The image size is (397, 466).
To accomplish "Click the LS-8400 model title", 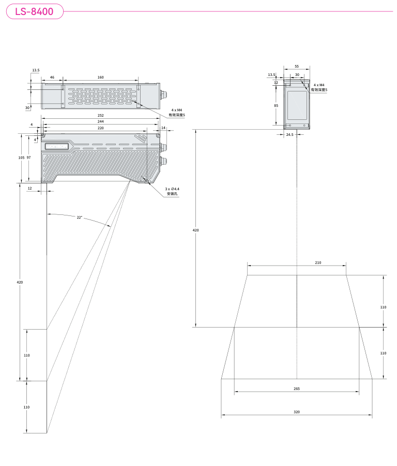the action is click(x=34, y=11).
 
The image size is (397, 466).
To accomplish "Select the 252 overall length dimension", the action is click(x=100, y=115).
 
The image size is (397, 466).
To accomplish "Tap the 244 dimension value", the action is click(x=100, y=121).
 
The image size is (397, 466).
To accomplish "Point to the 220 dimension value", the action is click(x=100, y=128).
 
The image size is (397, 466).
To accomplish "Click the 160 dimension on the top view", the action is click(x=100, y=77).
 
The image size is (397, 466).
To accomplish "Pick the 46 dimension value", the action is click(x=52, y=77).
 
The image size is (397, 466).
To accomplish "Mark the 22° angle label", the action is click(x=80, y=218).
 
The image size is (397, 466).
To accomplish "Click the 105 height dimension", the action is click(x=21, y=158).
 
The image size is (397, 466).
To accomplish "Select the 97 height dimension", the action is click(x=28, y=158).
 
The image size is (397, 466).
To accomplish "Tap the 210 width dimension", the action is click(x=318, y=263).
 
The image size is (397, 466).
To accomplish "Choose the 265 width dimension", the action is click(x=297, y=389).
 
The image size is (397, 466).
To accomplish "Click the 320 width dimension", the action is click(x=297, y=412).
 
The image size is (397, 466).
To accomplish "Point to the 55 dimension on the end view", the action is click(x=297, y=67).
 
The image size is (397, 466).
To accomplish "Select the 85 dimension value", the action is click(x=276, y=105).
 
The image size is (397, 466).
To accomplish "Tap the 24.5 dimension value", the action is click(x=289, y=135).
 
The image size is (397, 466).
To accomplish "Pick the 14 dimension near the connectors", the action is click(x=163, y=128).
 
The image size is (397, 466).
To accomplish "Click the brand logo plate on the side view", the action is click(x=57, y=146).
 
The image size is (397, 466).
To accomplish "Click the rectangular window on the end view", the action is click(x=297, y=105).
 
